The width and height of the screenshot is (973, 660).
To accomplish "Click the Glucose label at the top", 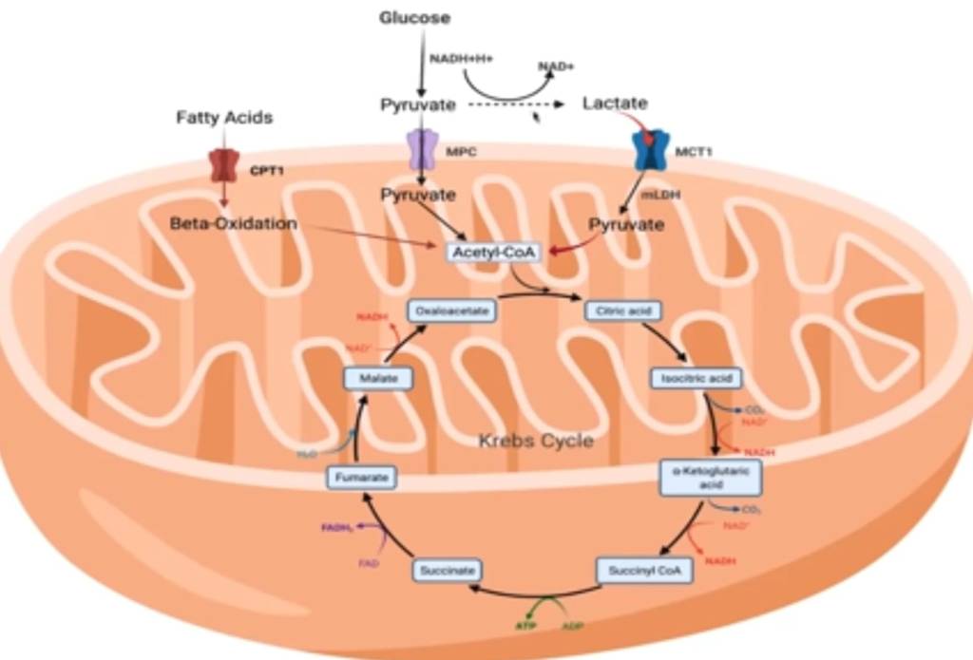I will (x=414, y=17).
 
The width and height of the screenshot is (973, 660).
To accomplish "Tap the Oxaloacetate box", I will (x=451, y=311).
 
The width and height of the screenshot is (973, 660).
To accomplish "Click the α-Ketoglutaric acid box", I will (x=712, y=477).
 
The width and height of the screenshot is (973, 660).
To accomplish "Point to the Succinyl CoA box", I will (x=643, y=571).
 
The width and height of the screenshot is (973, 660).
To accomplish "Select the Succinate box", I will (x=447, y=571).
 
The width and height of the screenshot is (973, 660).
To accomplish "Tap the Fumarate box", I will (x=362, y=478).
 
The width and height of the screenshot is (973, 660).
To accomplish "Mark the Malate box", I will (x=378, y=378).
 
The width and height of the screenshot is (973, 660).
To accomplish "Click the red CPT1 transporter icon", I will (x=224, y=164).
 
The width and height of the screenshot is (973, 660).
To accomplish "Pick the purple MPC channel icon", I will (x=420, y=150).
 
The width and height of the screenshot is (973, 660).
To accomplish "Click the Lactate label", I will (x=615, y=103).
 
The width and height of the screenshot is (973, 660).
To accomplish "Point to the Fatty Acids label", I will (x=224, y=118).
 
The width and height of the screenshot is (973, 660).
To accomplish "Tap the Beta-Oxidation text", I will (x=234, y=224).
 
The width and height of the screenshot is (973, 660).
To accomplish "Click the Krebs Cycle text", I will (x=536, y=441).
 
